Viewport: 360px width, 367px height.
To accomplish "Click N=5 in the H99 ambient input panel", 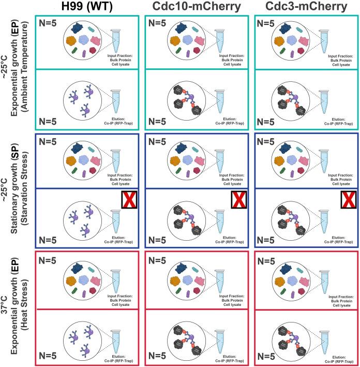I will [x=50, y=23].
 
